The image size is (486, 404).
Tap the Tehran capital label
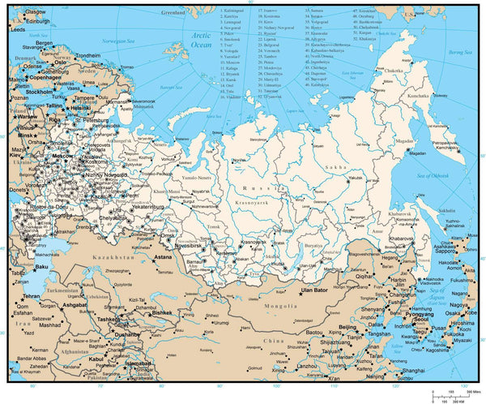[32, 296]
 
